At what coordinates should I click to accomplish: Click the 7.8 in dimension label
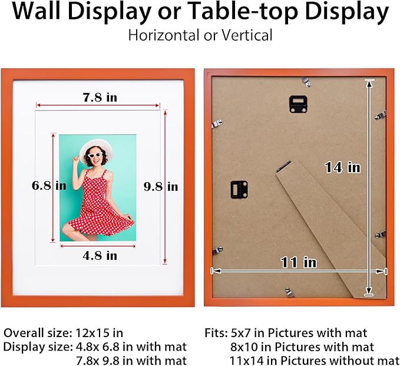click(100, 98)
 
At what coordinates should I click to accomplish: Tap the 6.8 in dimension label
click(49, 186)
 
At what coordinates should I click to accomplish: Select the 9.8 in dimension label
click(161, 186)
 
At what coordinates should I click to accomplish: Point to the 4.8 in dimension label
click(100, 256)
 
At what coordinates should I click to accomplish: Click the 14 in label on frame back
click(342, 168)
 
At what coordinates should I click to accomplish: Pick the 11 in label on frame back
click(298, 263)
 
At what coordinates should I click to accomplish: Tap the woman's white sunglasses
click(94, 156)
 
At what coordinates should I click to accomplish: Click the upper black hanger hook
click(299, 104)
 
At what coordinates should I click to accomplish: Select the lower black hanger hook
click(239, 189)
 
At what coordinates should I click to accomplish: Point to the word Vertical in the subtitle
click(247, 35)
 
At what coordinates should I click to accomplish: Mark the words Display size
click(38, 347)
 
